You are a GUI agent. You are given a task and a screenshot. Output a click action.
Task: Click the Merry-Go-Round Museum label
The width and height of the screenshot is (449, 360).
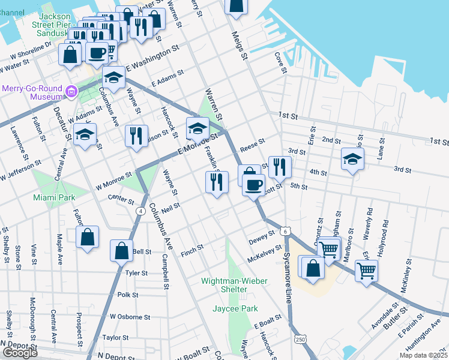(x=32, y=92)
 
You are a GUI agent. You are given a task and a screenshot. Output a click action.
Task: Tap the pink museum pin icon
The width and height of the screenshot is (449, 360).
(x=71, y=92)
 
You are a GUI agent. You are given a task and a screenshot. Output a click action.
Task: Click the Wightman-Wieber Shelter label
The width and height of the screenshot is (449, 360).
(x=224, y=285)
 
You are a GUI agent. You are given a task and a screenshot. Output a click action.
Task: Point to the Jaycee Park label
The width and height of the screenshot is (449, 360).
(x=235, y=309)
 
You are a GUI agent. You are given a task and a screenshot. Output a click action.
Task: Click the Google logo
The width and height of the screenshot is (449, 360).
(x=19, y=353)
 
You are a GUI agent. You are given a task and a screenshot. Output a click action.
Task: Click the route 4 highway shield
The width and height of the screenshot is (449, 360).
(x=139, y=211)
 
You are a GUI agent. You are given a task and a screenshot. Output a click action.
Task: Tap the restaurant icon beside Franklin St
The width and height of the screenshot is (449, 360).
(x=217, y=182)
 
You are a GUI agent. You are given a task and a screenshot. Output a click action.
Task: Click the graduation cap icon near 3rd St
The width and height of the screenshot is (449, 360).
(x=352, y=158)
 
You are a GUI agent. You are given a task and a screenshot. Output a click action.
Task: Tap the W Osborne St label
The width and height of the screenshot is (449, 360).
(x=129, y=317)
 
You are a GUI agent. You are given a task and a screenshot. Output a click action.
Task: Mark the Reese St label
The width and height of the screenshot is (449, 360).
(x=252, y=145)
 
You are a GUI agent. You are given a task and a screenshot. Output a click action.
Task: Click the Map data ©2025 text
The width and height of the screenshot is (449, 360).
(x=423, y=355)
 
